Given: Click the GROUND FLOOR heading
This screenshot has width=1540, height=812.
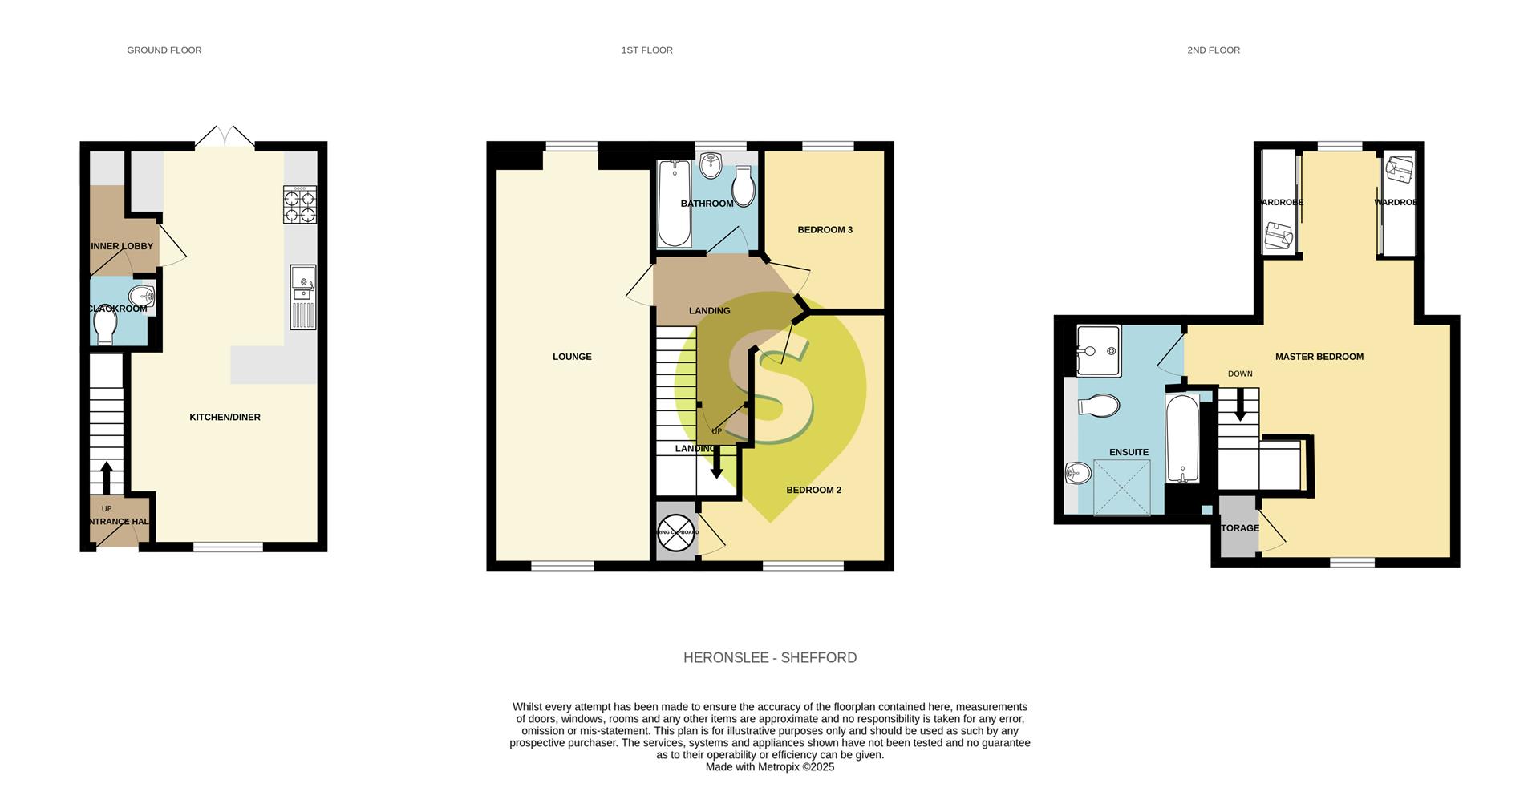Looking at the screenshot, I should [164, 50].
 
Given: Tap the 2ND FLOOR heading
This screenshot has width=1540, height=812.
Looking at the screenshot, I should [1213, 50].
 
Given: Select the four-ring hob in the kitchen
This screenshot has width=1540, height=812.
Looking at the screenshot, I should [299, 204].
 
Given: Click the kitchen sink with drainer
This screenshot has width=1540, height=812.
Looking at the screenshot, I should [302, 297].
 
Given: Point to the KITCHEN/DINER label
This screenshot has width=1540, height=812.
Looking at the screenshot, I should [225, 417].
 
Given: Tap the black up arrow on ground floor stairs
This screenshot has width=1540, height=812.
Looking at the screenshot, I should [106, 476].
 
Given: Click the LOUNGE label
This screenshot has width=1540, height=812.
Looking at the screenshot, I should [572, 357].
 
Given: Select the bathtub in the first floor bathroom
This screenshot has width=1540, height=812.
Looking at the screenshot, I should [673, 204].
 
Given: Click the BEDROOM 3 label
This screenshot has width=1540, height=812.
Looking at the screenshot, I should [825, 230].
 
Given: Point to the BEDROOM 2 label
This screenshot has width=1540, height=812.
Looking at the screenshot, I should [813, 490].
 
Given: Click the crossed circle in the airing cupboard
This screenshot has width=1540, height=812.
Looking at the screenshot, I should [676, 533].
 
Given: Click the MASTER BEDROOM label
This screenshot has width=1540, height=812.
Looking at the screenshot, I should [1319, 357].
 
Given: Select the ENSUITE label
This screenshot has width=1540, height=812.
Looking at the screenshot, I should [1129, 452].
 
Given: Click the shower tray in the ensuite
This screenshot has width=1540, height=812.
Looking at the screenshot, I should [1121, 487].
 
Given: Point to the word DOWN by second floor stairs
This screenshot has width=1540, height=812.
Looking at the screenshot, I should [1239, 374].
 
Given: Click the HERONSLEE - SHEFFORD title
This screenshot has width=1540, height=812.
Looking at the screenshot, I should [769, 657].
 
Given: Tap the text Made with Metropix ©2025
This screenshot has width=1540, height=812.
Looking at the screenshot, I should [769, 767].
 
